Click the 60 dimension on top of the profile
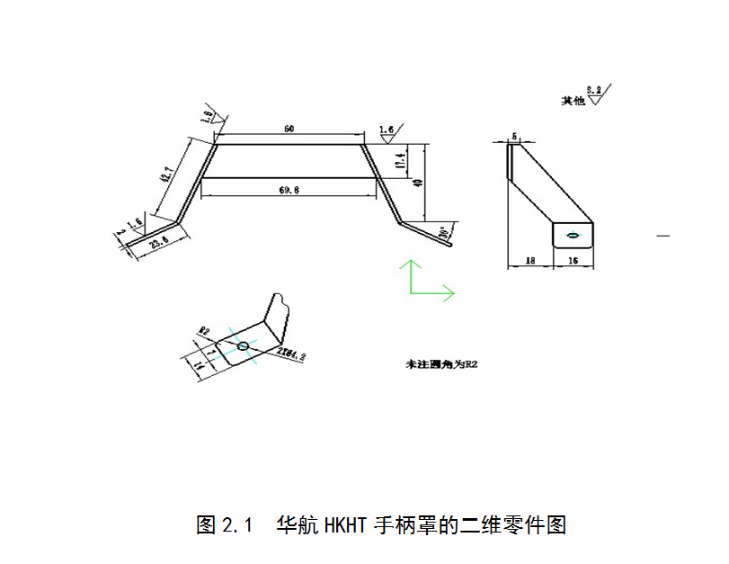pyautogui.click(x=289, y=129)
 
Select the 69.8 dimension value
pyautogui.click(x=289, y=190)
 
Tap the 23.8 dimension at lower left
pyautogui.click(x=159, y=242)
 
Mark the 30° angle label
pyautogui.click(x=444, y=235)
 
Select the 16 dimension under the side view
pyautogui.click(x=572, y=260)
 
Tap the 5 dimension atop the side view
pyautogui.click(x=514, y=137)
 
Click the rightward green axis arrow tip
pyautogui.click(x=453, y=292)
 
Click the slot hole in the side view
pyautogui.click(x=573, y=236)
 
